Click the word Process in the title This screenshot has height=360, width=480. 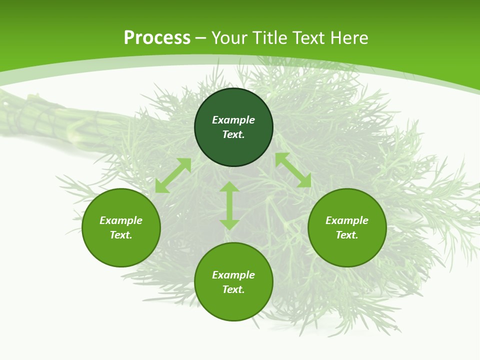pos(157,38)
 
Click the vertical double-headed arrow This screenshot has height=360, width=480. pos(229,205)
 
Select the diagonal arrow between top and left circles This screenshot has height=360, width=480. pos(173,175)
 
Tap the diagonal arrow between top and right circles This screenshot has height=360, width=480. pos(293,170)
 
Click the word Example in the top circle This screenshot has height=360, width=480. pos(233,120)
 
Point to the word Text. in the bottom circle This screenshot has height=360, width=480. pos(233,289)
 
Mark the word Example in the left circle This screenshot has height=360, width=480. pos(121,220)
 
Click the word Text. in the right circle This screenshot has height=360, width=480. pos(347,235)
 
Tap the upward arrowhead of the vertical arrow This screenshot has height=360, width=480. pos(229,187)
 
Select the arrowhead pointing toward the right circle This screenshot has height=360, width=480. pos(304,181)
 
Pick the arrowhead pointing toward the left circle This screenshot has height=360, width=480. pos(161,186)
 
